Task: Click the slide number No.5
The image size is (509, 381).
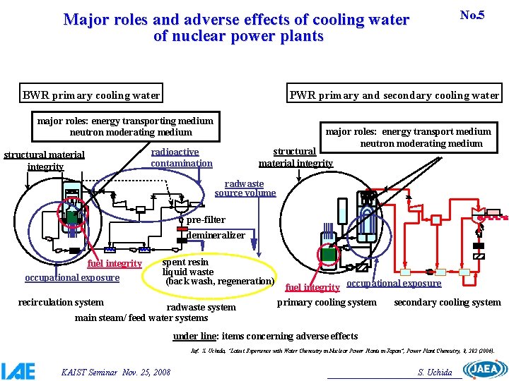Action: click(472, 15)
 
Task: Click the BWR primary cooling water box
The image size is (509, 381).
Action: click(92, 95)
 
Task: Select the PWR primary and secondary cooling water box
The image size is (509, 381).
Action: click(394, 95)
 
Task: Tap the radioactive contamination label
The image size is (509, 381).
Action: click(182, 157)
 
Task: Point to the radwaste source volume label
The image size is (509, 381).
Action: click(245, 188)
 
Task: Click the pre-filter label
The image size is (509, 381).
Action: click(206, 220)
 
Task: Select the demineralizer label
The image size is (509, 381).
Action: click(216, 235)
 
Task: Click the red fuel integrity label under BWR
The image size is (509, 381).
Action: click(114, 264)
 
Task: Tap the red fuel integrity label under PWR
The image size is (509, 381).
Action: click(312, 287)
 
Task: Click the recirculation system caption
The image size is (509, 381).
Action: click(61, 303)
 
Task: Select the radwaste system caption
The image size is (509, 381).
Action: click(201, 307)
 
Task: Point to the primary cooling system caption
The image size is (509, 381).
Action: click(327, 303)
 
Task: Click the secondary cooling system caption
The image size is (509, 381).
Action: click(447, 303)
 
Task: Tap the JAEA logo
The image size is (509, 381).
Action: click(484, 369)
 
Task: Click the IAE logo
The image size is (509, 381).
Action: click(18, 370)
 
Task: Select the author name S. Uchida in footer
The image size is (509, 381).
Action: click(435, 372)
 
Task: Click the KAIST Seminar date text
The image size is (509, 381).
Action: click(116, 371)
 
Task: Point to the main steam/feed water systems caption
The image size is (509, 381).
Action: click(141, 317)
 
